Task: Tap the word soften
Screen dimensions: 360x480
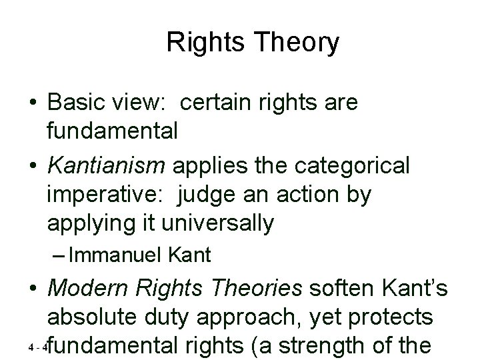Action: click(x=336, y=287)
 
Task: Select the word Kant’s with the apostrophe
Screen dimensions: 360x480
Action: click(x=418, y=287)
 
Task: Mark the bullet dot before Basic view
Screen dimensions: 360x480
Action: click(x=33, y=104)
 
